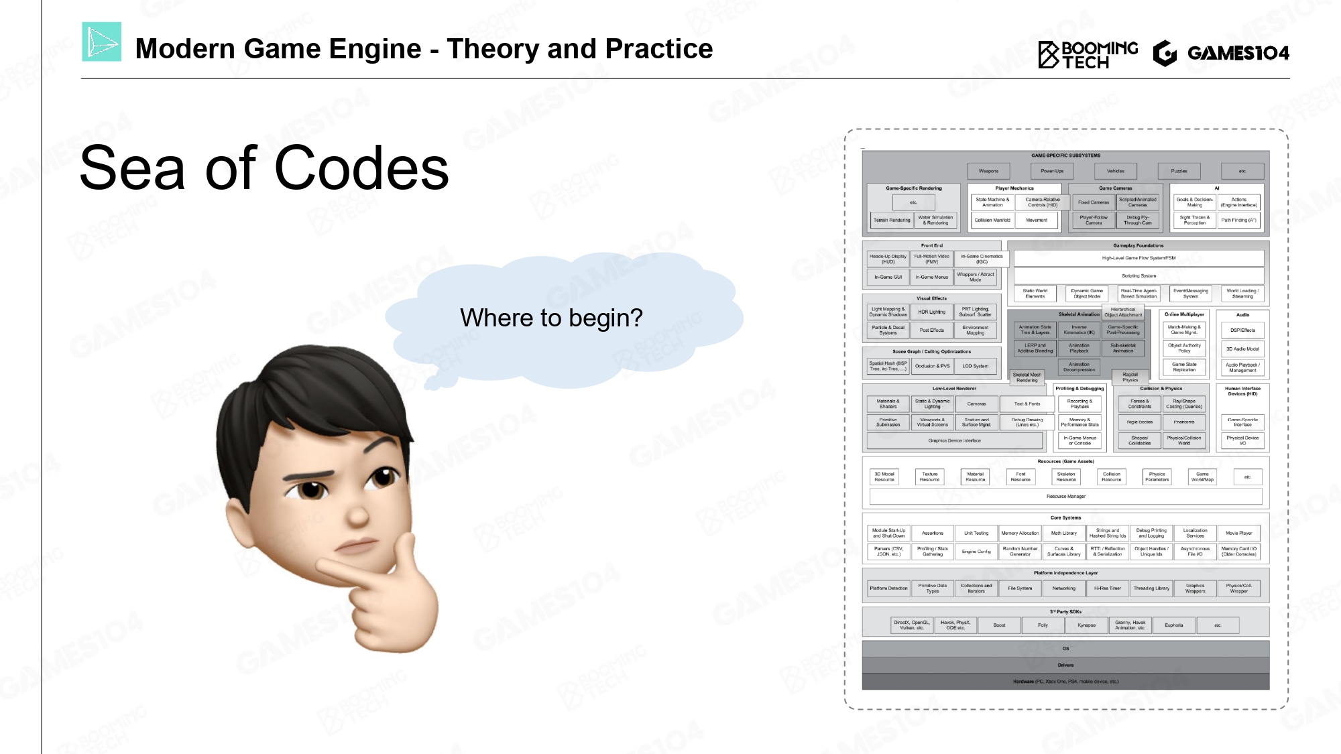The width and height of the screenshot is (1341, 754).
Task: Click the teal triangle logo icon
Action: click(102, 42)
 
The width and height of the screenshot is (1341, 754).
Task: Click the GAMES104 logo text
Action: click(1237, 53)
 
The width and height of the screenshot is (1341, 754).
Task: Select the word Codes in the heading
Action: click(361, 168)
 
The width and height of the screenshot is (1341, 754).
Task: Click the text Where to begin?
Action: click(551, 318)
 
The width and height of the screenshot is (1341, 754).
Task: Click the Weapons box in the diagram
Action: click(988, 171)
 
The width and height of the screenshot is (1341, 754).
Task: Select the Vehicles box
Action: click(1116, 171)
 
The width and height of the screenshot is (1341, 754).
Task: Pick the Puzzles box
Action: click(1179, 171)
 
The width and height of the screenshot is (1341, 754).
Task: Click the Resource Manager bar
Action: click(1065, 497)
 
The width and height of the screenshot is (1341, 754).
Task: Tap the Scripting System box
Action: click(1139, 275)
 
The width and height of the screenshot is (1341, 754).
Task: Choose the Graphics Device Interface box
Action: click(954, 440)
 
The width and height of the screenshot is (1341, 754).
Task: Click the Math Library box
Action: click(1063, 533)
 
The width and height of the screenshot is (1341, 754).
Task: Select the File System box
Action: click(1020, 588)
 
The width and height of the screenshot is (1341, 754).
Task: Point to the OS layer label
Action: click(1065, 648)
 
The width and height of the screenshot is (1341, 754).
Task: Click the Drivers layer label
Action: click(1065, 665)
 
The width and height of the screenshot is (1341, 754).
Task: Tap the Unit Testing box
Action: click(976, 533)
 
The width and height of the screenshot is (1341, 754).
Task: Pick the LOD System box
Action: click(975, 366)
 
